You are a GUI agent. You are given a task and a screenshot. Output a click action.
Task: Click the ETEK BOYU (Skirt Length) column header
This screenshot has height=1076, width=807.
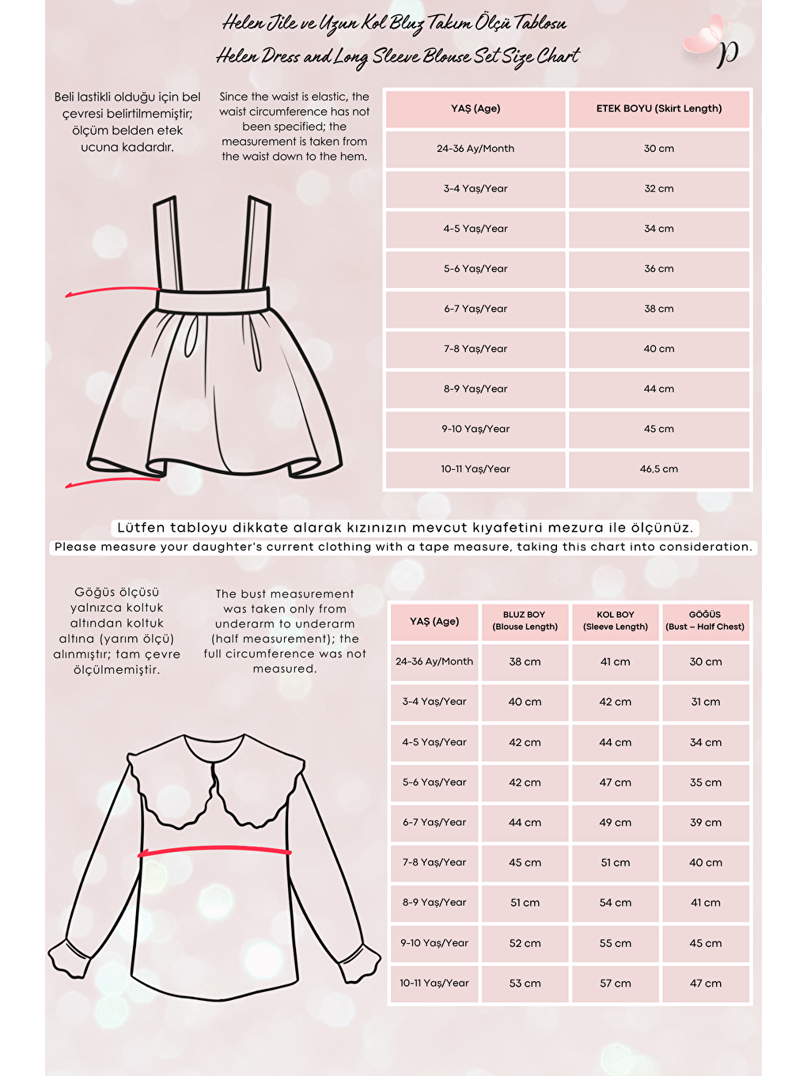659,108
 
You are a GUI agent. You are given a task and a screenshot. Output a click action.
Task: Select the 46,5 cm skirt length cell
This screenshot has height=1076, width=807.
659,469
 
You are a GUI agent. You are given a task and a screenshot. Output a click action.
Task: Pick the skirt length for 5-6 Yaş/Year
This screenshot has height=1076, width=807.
659,269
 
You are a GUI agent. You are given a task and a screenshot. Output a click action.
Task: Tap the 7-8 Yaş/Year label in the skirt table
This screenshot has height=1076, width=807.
475,349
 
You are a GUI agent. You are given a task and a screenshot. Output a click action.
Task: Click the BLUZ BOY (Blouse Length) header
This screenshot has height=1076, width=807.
525,620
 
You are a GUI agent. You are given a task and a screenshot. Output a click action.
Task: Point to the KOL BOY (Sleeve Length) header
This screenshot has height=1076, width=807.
616,620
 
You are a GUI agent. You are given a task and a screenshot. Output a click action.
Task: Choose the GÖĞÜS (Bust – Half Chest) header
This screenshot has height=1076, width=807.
705,620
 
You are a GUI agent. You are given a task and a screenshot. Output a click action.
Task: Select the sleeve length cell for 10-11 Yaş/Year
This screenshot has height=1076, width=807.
616,983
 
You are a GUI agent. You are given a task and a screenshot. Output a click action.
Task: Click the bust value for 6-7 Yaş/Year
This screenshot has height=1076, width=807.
706,823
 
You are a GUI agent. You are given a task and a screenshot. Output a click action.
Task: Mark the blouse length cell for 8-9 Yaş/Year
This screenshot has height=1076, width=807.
525,903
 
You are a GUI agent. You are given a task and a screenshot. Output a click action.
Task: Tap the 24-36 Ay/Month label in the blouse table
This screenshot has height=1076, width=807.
434,661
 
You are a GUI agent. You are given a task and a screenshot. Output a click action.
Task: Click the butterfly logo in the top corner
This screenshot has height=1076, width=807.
712,44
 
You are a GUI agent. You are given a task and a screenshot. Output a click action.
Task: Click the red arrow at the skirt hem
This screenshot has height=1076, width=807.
111,481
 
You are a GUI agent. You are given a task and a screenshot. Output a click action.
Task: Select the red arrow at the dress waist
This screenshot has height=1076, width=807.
111,291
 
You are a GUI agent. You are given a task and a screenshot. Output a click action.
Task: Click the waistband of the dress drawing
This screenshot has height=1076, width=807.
214,300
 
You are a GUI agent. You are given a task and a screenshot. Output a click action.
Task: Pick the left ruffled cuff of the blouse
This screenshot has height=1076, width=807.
70,954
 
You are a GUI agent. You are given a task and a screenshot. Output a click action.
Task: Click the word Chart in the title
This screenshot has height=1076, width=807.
558,56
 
